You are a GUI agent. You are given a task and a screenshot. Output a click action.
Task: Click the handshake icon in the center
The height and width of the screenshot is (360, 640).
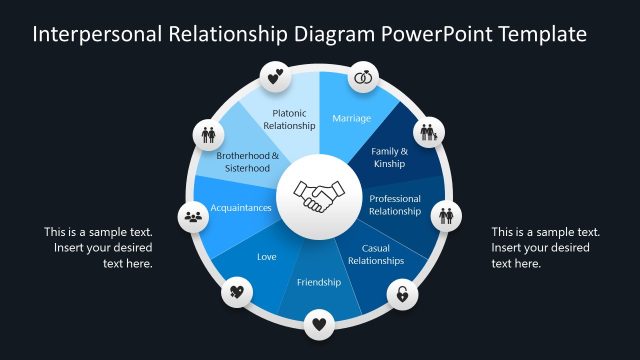[x=319, y=196]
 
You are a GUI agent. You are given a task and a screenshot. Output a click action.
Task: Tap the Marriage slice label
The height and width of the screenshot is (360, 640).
[x=351, y=119]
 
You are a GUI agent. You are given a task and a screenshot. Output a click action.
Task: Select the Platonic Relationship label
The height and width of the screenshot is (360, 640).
[x=290, y=120]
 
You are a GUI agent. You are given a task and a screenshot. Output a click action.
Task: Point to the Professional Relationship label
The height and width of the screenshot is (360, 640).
[x=395, y=205]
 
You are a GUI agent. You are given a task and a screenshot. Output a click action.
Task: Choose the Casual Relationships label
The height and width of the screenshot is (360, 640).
[x=375, y=254]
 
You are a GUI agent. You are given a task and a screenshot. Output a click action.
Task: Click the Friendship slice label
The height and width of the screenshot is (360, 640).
[x=319, y=282]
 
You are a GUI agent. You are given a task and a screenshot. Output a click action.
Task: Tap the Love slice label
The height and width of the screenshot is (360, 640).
[x=266, y=257]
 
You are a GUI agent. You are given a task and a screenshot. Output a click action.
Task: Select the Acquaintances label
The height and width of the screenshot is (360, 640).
[x=241, y=208]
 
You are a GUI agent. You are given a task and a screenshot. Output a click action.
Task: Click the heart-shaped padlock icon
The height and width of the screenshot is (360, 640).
[x=401, y=294]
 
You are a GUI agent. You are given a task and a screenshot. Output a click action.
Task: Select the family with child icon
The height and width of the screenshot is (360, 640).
[x=428, y=132]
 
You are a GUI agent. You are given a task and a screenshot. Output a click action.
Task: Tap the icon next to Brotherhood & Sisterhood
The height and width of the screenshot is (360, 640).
[x=209, y=132]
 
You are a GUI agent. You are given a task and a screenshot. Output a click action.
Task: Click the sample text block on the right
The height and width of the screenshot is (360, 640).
[x=545, y=247]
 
